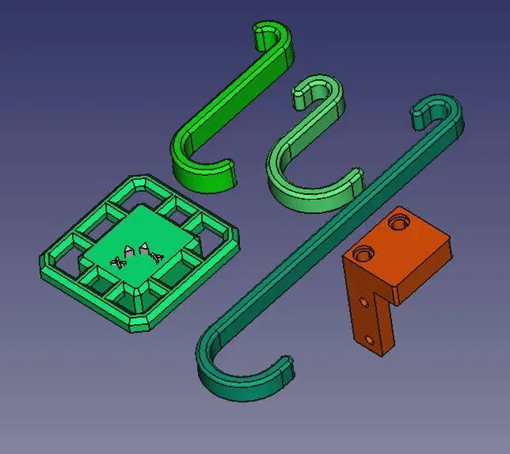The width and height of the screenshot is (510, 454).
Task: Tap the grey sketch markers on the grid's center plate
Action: (138, 254)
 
